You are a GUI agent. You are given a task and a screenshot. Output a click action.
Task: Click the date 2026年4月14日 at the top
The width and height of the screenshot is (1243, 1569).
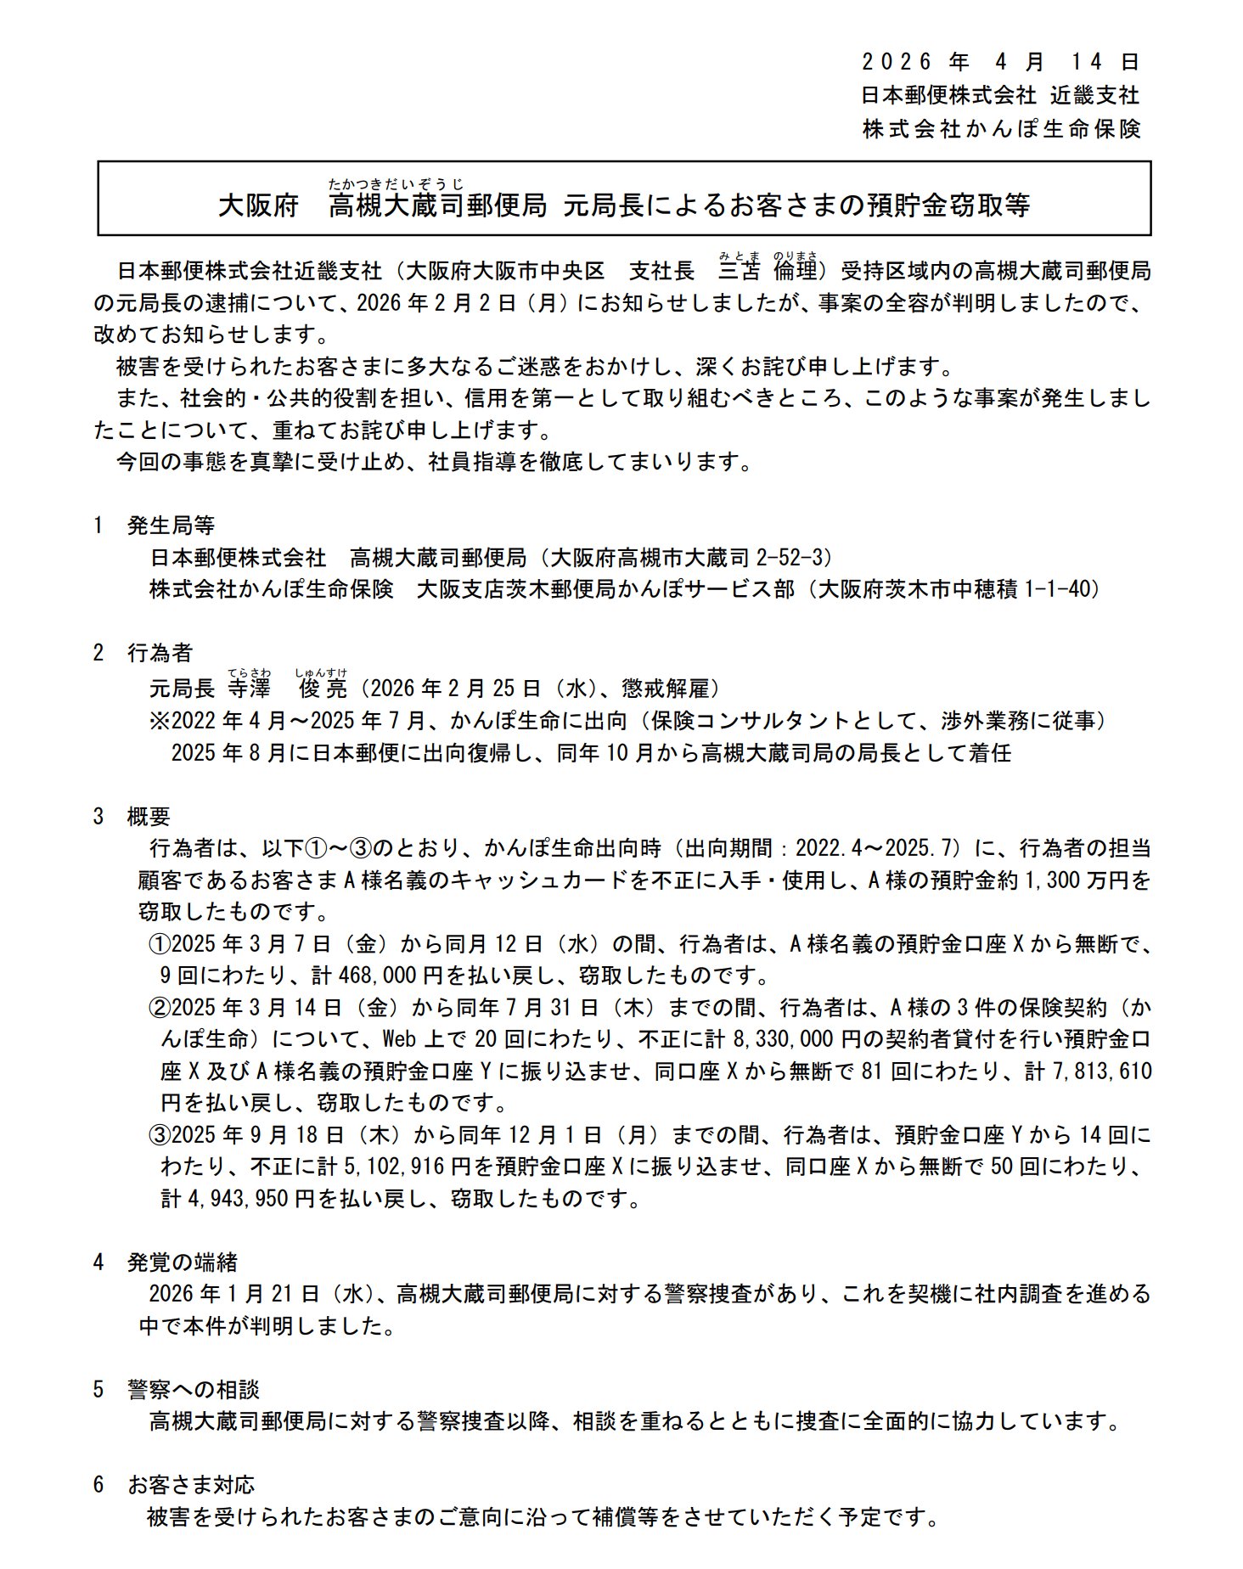pos(999,61)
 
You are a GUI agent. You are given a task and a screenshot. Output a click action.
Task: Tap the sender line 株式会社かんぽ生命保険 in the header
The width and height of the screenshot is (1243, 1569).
pos(1001,129)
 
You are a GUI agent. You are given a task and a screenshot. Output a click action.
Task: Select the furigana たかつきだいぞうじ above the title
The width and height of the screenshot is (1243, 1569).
pos(397,183)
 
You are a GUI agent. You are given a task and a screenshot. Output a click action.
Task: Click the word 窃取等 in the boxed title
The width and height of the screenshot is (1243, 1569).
pos(989,206)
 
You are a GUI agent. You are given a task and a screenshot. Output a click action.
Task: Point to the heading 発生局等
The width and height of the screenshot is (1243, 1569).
pos(171,526)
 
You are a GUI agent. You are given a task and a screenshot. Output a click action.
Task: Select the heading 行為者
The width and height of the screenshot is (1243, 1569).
pos(160,653)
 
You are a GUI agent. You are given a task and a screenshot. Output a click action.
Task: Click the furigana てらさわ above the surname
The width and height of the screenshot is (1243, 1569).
pos(248,673)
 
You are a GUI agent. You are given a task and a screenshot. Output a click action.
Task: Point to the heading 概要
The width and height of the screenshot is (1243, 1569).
pos(149,817)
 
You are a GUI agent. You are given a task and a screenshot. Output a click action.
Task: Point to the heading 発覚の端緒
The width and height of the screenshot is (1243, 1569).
pos(182,1263)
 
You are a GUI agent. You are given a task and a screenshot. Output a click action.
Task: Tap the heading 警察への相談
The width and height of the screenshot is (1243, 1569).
pos(193,1390)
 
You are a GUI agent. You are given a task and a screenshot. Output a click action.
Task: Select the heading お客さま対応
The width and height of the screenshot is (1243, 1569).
pos(191,1485)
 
